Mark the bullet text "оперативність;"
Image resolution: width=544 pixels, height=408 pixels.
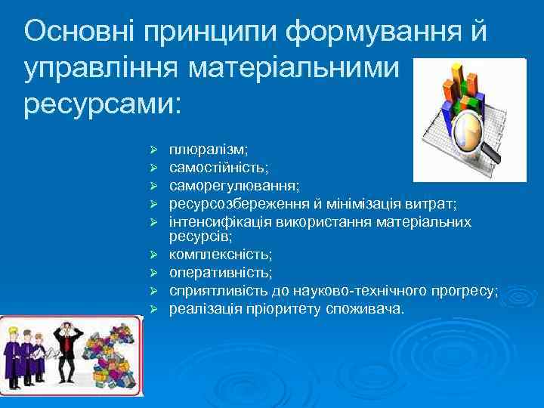[221, 272]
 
